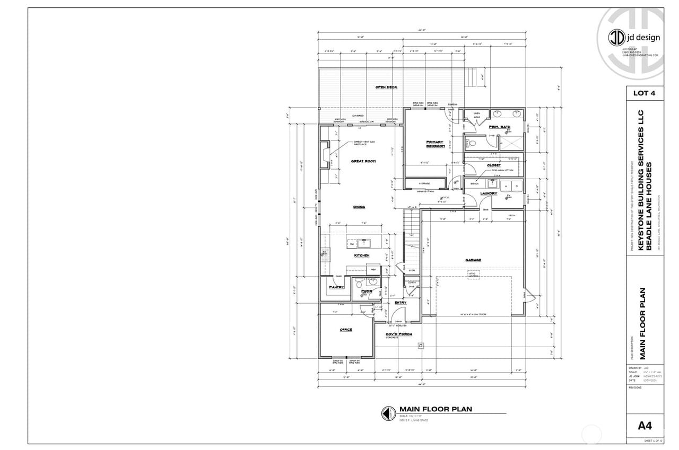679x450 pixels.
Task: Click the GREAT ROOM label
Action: (x=363, y=161)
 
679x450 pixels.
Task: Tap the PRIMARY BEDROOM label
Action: (x=436, y=144)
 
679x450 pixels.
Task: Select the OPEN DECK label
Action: (x=386, y=87)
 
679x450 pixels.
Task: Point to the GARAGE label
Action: (x=473, y=260)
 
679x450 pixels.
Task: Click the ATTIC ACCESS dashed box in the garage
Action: (x=473, y=275)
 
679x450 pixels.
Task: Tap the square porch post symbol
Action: (x=421, y=346)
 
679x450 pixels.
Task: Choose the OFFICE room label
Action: (x=346, y=330)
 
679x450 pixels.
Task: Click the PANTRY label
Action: (x=336, y=287)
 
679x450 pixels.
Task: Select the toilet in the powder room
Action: (x=359, y=282)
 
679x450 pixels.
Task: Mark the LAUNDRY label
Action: (x=488, y=193)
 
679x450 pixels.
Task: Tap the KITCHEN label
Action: (x=362, y=255)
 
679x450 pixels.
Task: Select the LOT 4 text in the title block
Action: (x=644, y=93)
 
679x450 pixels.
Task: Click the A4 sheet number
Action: (x=644, y=426)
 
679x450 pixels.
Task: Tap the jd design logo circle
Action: (x=616, y=37)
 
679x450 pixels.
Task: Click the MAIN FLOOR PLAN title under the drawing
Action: (x=435, y=409)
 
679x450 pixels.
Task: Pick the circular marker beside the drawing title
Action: (x=388, y=413)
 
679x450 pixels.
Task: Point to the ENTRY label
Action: (x=400, y=303)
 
